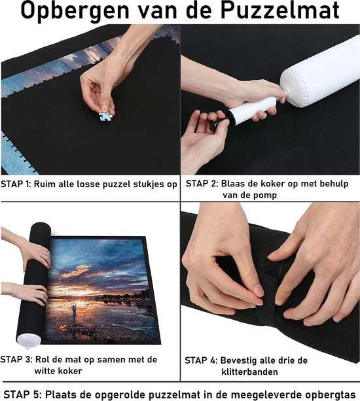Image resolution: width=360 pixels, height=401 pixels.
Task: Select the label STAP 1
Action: [x=16, y=184]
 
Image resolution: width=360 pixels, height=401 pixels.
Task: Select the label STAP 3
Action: [x=16, y=360]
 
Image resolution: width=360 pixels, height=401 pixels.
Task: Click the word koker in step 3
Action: [x=70, y=371]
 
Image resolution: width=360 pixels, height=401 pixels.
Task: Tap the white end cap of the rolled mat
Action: [x=29, y=340]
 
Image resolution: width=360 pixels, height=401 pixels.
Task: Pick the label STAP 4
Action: [x=201, y=360]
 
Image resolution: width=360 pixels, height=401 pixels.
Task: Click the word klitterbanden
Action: [x=250, y=372]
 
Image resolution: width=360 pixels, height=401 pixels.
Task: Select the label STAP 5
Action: [x=22, y=394]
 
